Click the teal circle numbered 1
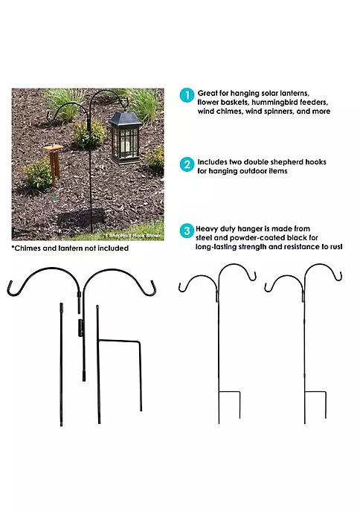187,95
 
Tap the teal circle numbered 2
187,164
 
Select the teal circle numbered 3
187,231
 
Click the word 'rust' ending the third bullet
336,247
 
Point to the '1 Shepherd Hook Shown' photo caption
133,235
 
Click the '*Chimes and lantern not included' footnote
70,248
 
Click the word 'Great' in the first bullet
208,93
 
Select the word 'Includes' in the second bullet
213,162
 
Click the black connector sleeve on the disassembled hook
80,327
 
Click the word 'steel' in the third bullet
203,238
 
